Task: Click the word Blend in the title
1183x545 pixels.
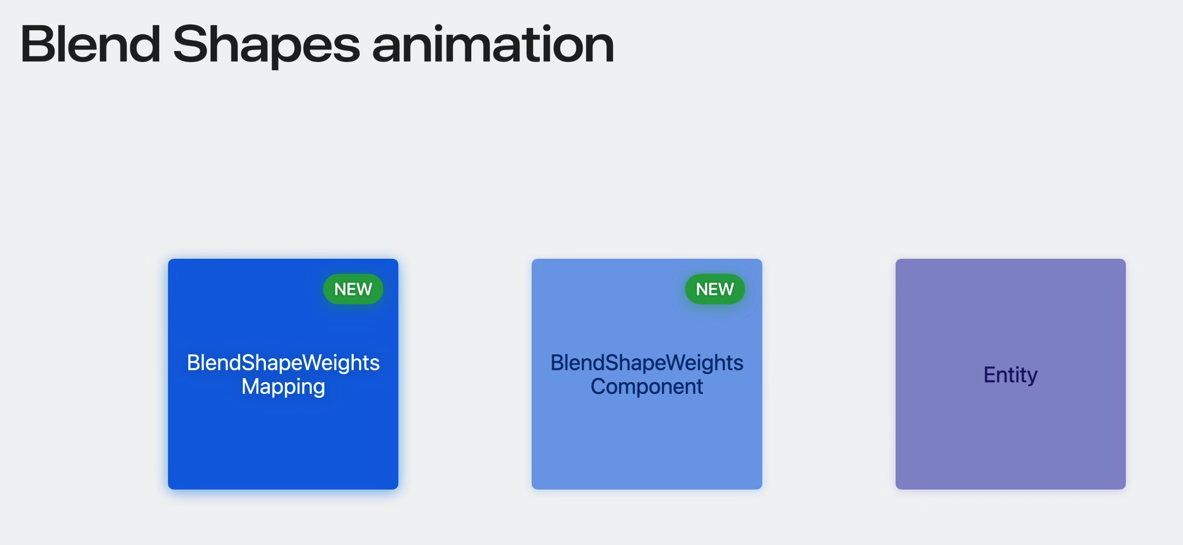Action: click(x=91, y=44)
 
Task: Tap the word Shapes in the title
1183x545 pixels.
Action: click(x=266, y=46)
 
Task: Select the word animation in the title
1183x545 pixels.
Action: click(x=493, y=44)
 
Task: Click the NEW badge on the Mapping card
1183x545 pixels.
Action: click(x=353, y=289)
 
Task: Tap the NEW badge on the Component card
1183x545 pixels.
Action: click(x=715, y=289)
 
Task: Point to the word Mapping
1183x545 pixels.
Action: click(x=283, y=387)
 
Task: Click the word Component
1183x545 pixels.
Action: click(x=647, y=387)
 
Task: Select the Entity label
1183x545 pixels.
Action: click(x=1011, y=375)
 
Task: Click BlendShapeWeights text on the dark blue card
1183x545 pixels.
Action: click(x=283, y=363)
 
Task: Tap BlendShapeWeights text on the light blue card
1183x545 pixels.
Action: click(x=647, y=363)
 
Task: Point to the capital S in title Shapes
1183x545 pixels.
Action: click(x=190, y=44)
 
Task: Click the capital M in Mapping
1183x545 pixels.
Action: click(x=251, y=386)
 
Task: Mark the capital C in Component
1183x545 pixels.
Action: click(x=599, y=386)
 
